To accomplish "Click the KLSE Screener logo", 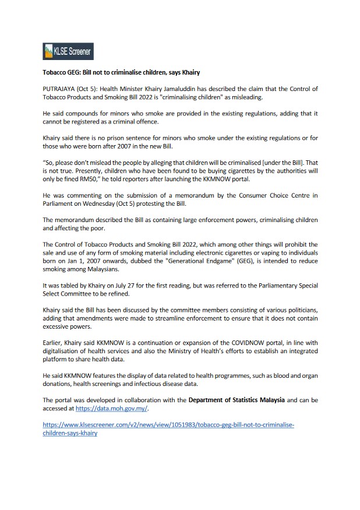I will click(x=68, y=51).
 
